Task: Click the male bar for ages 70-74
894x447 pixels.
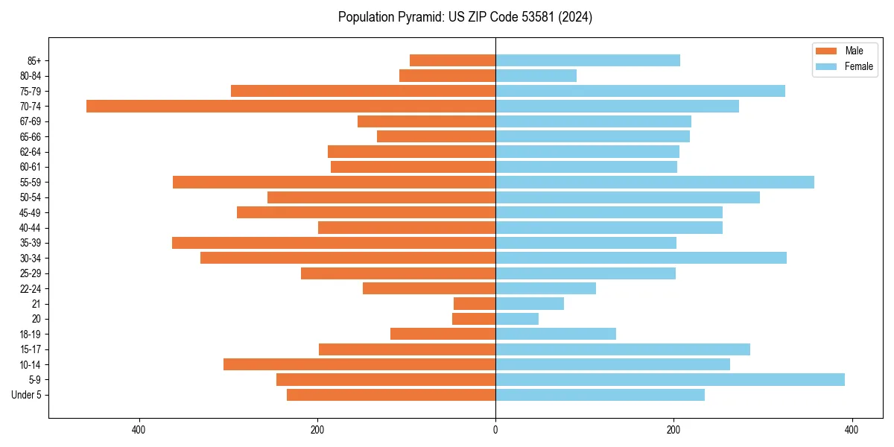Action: pos(291,106)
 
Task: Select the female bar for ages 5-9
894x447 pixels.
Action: pos(670,379)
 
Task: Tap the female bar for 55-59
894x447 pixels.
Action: pos(655,182)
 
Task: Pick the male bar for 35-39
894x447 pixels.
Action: pos(334,243)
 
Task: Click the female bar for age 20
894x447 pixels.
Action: pos(517,319)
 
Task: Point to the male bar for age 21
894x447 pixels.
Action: pos(475,303)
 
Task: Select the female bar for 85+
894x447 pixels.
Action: pos(588,60)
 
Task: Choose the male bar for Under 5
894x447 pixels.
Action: pos(391,395)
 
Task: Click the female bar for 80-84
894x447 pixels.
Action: pos(536,75)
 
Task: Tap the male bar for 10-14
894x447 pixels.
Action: pos(359,364)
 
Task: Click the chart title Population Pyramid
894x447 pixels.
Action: pos(465,17)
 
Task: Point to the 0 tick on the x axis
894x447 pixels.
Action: pos(495,430)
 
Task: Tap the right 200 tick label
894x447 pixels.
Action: pos(673,430)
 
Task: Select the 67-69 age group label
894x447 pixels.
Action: pos(31,121)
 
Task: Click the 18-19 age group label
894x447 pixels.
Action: pos(31,334)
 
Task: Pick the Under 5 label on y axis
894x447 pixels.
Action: pos(26,395)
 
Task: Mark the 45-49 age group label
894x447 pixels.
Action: pos(31,212)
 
